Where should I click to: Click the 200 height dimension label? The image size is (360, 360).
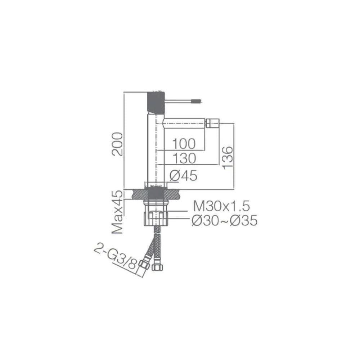[x=117, y=144]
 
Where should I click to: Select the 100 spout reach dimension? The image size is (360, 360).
[x=184, y=144]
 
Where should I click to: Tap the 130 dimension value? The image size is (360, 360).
[x=184, y=158]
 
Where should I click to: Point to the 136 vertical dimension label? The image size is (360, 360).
[x=228, y=158]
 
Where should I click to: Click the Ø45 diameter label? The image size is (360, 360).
[x=183, y=176]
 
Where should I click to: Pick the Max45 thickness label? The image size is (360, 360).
[x=117, y=212]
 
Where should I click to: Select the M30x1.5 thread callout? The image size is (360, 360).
[x=221, y=206]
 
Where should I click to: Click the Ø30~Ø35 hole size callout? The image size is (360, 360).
[x=225, y=221]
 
